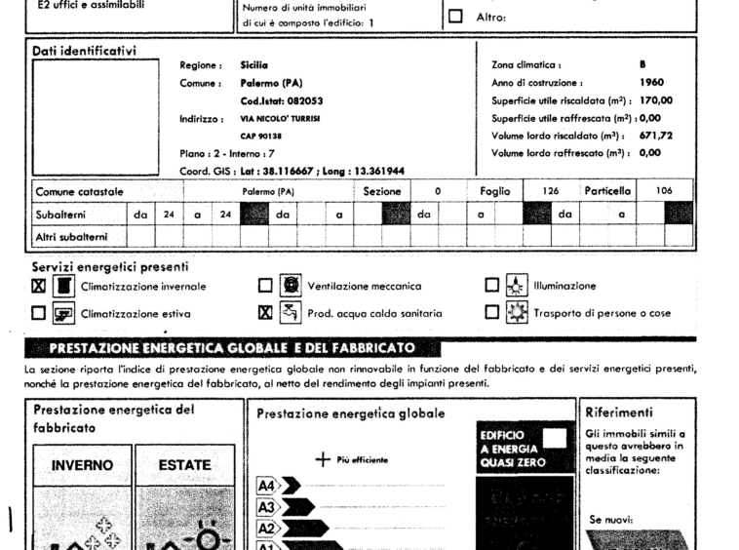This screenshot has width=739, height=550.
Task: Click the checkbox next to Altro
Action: (x=455, y=17)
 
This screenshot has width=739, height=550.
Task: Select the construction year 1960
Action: (x=650, y=83)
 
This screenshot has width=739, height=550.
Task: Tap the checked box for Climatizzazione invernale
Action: (x=38, y=287)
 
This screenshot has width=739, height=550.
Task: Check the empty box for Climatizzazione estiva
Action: (x=38, y=314)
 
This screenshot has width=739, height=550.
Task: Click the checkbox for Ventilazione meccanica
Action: (x=265, y=287)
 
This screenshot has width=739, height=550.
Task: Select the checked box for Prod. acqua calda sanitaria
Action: (x=265, y=314)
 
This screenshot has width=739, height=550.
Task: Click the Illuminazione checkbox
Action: (x=493, y=287)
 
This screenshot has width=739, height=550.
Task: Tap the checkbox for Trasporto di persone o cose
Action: (x=493, y=314)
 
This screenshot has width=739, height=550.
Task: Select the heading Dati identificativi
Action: (x=85, y=51)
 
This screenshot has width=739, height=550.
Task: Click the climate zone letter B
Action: (x=642, y=65)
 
